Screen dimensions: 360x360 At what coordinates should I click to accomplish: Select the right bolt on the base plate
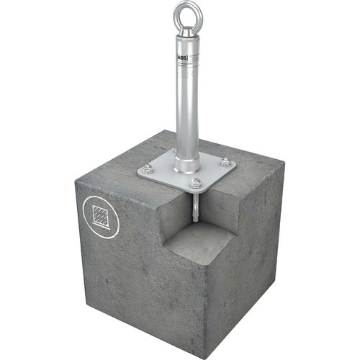click(x=225, y=163)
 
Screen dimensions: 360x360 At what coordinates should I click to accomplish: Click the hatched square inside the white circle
click(x=99, y=215)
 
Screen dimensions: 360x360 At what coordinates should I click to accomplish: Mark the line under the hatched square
click(x=99, y=228)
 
